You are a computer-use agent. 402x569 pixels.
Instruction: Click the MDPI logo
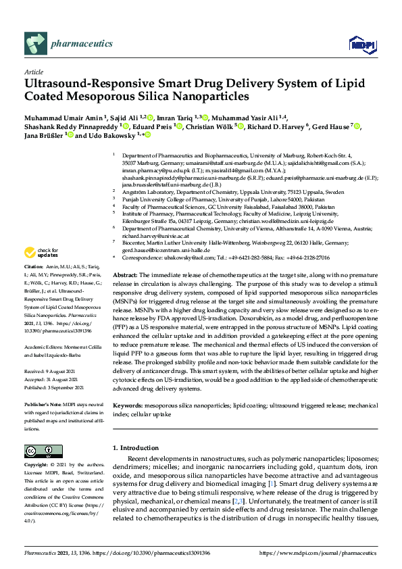pyautogui.click(x=362, y=45)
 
